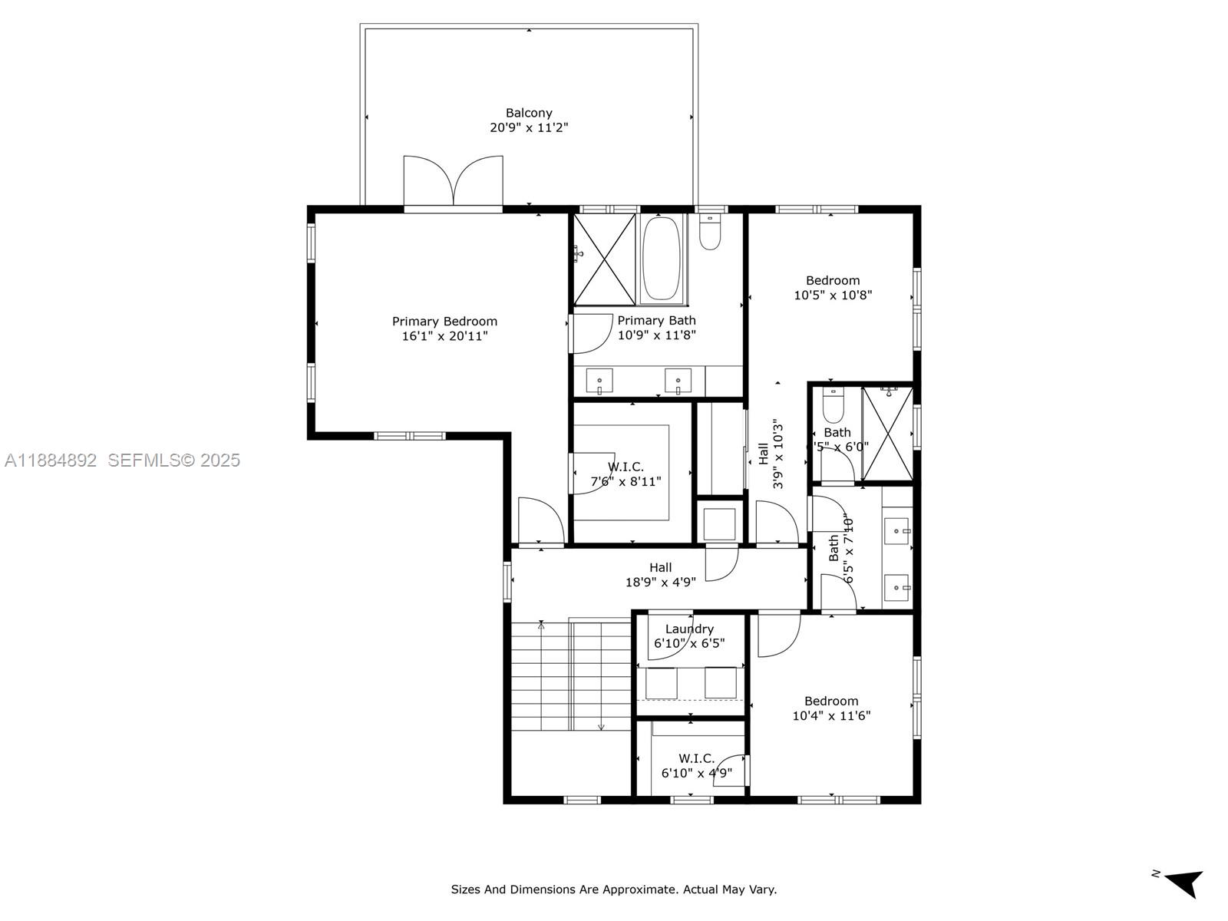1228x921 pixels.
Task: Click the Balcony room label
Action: point(529,113)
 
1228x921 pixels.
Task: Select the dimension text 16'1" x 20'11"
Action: point(444,336)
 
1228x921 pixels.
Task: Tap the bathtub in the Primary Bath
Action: point(662,258)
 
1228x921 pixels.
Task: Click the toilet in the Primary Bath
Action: point(711,233)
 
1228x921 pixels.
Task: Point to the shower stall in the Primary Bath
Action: point(605,259)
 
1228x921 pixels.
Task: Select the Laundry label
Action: point(689,629)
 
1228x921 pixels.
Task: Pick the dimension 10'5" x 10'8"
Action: point(833,295)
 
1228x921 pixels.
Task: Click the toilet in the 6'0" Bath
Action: point(834,404)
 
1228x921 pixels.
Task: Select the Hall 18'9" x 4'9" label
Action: point(660,575)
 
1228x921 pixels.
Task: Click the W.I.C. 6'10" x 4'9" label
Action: point(696,766)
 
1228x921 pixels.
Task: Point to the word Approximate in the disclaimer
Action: point(639,890)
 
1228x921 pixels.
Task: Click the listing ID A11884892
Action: point(51,460)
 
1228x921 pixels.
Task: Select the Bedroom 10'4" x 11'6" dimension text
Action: point(831,716)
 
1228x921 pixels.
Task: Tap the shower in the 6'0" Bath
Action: point(888,434)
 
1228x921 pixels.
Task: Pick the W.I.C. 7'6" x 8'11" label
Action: point(626,474)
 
